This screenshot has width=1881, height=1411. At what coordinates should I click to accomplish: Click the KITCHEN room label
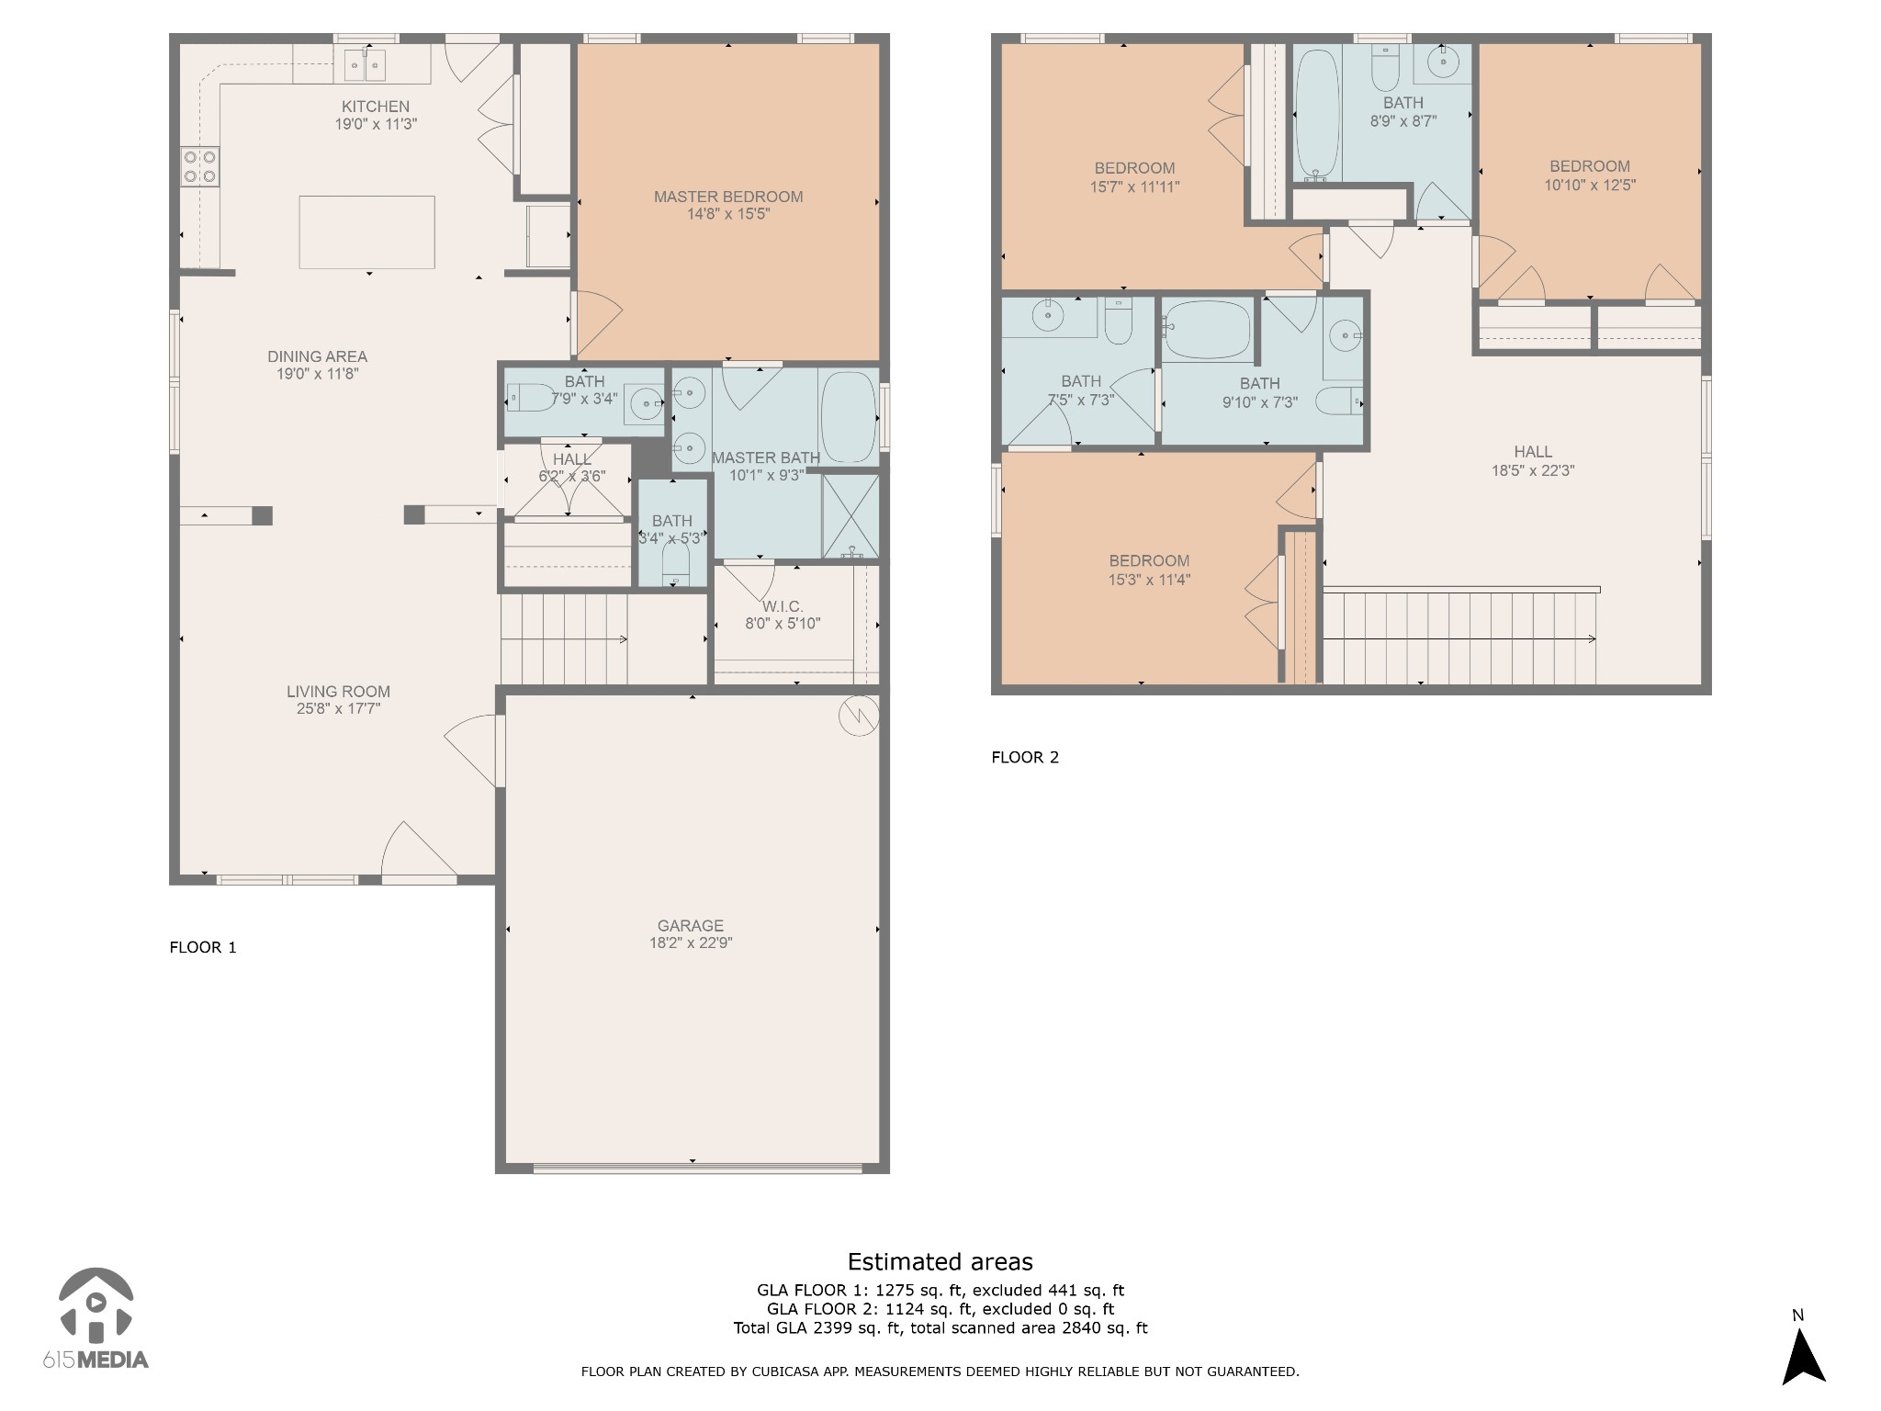tap(376, 107)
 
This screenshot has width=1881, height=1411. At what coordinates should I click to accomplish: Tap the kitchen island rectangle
tap(366, 231)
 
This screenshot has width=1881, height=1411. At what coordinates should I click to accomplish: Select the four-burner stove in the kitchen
tap(199, 166)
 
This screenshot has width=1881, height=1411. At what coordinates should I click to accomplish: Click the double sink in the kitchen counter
tap(365, 65)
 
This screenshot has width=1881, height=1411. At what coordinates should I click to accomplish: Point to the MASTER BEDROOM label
tap(728, 197)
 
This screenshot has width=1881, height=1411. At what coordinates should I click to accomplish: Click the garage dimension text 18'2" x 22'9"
tap(691, 943)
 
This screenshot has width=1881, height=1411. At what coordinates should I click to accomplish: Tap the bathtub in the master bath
tap(848, 417)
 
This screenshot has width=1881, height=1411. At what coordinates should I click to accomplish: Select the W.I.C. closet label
tap(783, 606)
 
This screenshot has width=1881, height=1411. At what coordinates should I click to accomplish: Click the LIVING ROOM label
tap(338, 692)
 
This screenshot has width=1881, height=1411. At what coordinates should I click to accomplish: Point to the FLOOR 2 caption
tap(1025, 757)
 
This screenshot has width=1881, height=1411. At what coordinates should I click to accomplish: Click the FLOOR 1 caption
tap(203, 947)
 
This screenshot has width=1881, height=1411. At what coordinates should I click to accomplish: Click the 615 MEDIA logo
tap(96, 1318)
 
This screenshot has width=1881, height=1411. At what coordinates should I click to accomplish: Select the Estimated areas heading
tap(940, 1261)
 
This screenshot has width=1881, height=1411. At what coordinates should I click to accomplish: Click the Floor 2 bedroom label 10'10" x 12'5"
tap(1590, 185)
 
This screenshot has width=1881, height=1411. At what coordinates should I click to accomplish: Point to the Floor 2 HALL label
tap(1533, 452)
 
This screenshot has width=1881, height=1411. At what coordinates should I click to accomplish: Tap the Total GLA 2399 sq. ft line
tap(940, 1327)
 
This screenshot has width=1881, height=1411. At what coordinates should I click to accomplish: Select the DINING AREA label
tap(317, 356)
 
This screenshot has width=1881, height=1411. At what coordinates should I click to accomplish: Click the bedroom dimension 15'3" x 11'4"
tap(1149, 580)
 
